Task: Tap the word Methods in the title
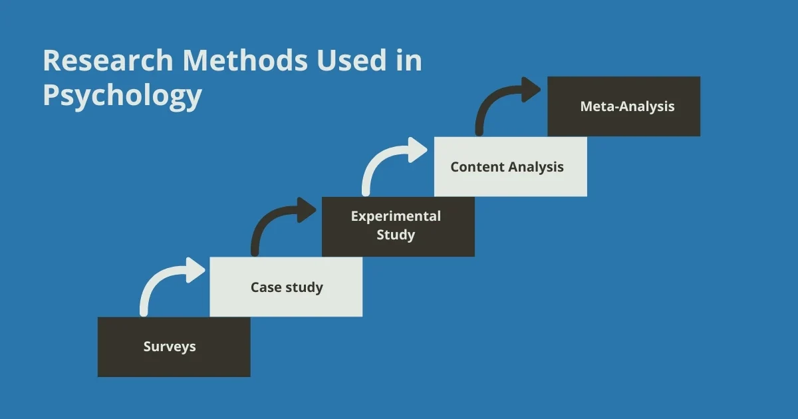pyautogui.click(x=245, y=61)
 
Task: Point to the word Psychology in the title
pyautogui.click(x=122, y=96)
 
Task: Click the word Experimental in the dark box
pyautogui.click(x=396, y=216)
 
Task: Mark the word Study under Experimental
pyautogui.click(x=396, y=235)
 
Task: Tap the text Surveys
pyautogui.click(x=170, y=347)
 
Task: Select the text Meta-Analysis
pyautogui.click(x=627, y=106)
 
